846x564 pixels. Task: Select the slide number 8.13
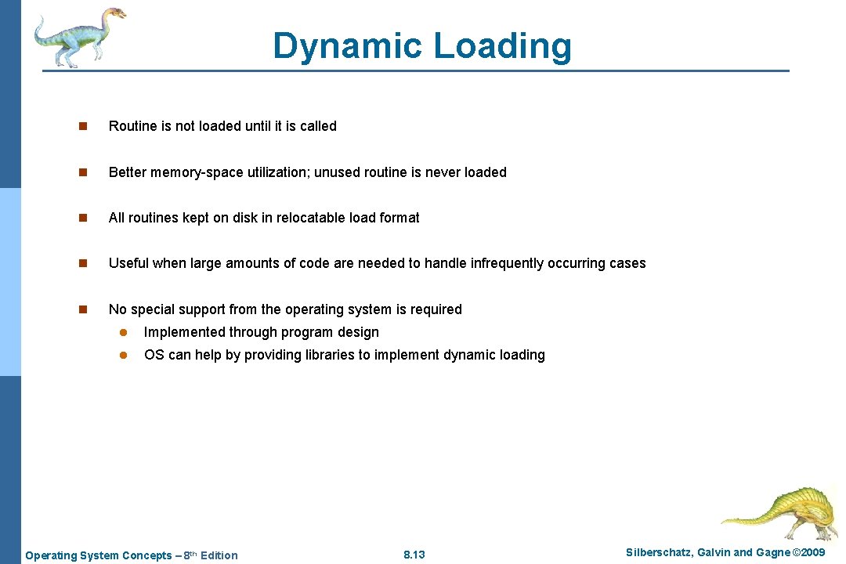[x=414, y=555]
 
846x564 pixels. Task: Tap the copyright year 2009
[x=811, y=553]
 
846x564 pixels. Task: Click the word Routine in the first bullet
[x=130, y=126]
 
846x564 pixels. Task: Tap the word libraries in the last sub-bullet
[x=326, y=355]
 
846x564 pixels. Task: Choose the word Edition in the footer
[x=219, y=555]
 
